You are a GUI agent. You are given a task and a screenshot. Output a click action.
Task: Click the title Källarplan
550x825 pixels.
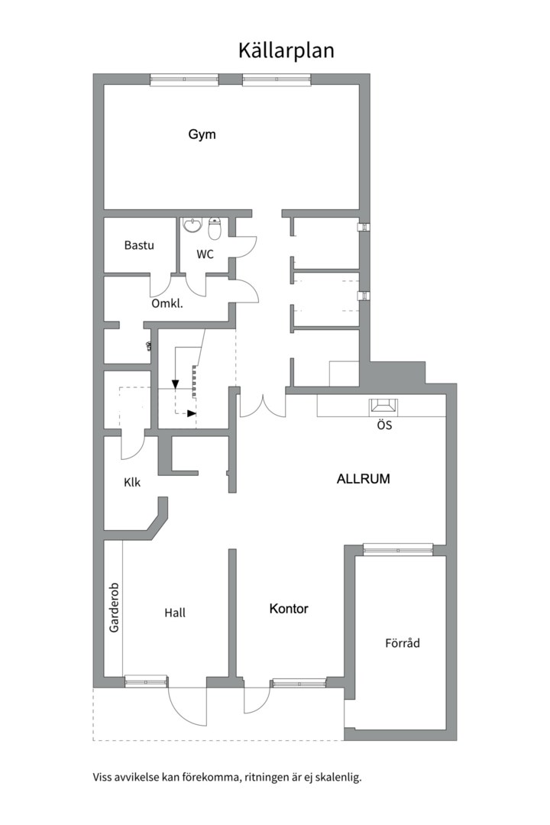coord(286,50)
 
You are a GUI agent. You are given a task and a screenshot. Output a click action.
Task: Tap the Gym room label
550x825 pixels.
coord(202,134)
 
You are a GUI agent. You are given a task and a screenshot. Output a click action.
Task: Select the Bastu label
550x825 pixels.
coord(139,245)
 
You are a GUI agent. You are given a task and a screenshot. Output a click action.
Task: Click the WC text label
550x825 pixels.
coord(205,254)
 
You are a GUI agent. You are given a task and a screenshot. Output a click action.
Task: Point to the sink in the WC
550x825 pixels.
coord(193,225)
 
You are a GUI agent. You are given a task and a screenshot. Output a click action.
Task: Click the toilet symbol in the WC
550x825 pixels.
coord(215,227)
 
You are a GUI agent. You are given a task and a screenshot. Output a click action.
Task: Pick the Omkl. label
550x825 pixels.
coord(167,303)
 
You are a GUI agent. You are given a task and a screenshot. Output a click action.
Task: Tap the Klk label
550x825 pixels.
coord(132,483)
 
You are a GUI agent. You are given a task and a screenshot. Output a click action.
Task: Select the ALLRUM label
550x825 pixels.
coord(364,480)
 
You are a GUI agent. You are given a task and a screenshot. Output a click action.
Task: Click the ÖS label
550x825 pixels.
coord(384,425)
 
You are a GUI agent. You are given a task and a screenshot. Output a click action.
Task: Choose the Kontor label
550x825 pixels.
coord(289,609)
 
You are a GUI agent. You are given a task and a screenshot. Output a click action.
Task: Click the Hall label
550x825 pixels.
coord(175,613)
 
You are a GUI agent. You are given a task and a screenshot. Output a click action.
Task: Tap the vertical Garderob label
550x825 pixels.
coord(114,603)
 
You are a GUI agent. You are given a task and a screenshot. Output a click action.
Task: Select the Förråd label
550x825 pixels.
coord(403,643)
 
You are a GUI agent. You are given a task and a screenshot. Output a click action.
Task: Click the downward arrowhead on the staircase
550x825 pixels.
coord(176,384)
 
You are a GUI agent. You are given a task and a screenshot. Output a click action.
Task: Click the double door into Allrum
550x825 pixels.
coord(263,406)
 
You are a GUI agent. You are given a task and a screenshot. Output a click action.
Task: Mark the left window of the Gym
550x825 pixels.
coord(184,79)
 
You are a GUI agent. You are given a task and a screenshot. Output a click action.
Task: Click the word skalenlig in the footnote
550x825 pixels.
coord(335,778)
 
